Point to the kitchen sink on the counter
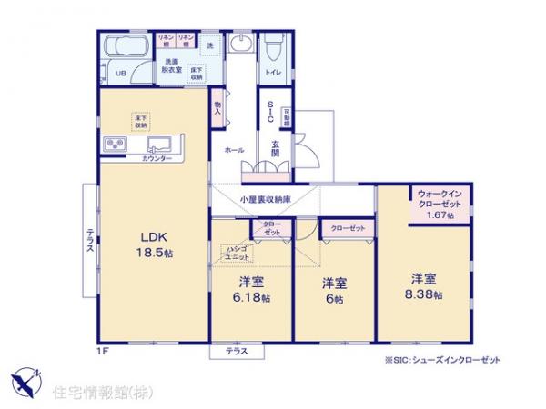(x=160, y=144)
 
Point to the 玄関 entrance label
(x=274, y=146)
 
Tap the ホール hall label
(x=234, y=151)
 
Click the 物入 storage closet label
(x=217, y=106)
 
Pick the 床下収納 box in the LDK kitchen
(x=140, y=121)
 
